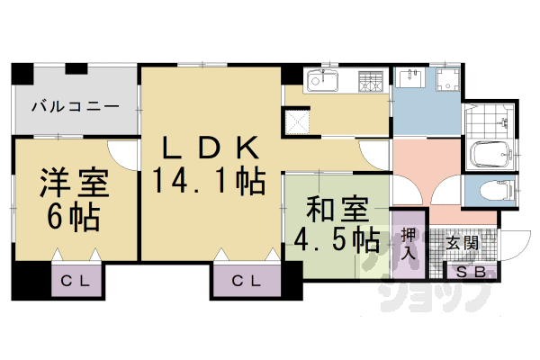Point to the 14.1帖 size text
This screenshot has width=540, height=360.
tap(209, 181)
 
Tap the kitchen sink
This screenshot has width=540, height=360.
tap(321, 83)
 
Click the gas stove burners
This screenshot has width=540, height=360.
tap(368, 82)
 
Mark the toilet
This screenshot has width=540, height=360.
tap(491, 190)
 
